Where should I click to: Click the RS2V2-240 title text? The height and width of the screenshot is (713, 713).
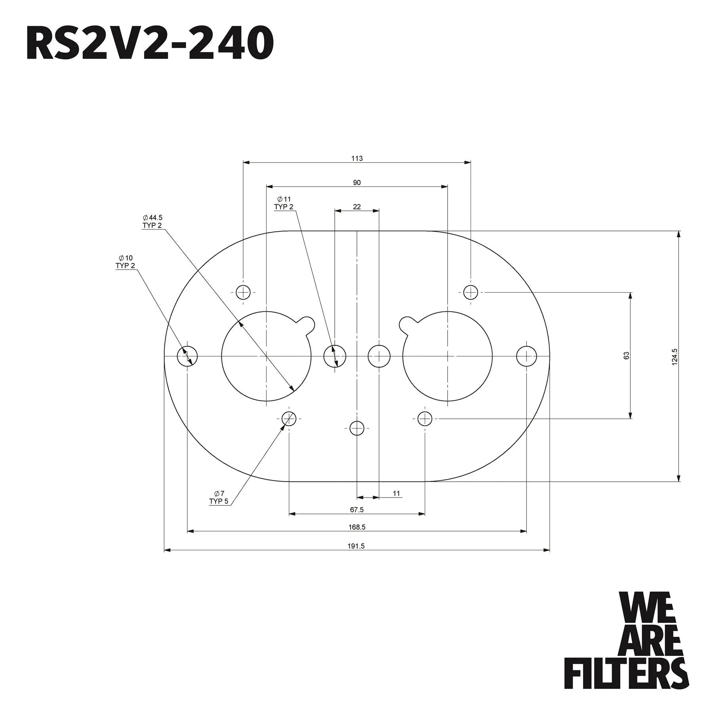pos(150,43)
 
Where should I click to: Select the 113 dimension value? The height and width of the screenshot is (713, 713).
pos(357,158)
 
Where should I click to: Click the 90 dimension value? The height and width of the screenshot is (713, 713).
pos(357,183)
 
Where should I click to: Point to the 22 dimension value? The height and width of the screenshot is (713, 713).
pos(357,207)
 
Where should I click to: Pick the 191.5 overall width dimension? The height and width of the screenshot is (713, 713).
pos(356,546)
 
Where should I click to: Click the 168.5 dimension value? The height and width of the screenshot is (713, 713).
pos(357,527)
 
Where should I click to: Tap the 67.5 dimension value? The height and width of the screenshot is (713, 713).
pos(357,510)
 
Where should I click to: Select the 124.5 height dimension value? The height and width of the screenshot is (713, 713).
pos(675,356)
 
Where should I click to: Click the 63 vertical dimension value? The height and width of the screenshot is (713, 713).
pos(626,356)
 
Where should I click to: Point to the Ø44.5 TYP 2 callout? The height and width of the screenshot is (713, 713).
pos(153,221)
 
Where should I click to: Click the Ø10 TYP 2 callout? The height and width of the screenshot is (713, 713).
pos(125,262)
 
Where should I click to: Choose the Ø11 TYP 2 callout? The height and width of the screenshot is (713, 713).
pos(284,203)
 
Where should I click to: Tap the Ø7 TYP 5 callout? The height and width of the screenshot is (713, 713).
pos(219,498)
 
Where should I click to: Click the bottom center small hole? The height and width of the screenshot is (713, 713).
pos(357,428)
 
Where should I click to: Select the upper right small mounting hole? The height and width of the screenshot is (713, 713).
pos(471,293)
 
